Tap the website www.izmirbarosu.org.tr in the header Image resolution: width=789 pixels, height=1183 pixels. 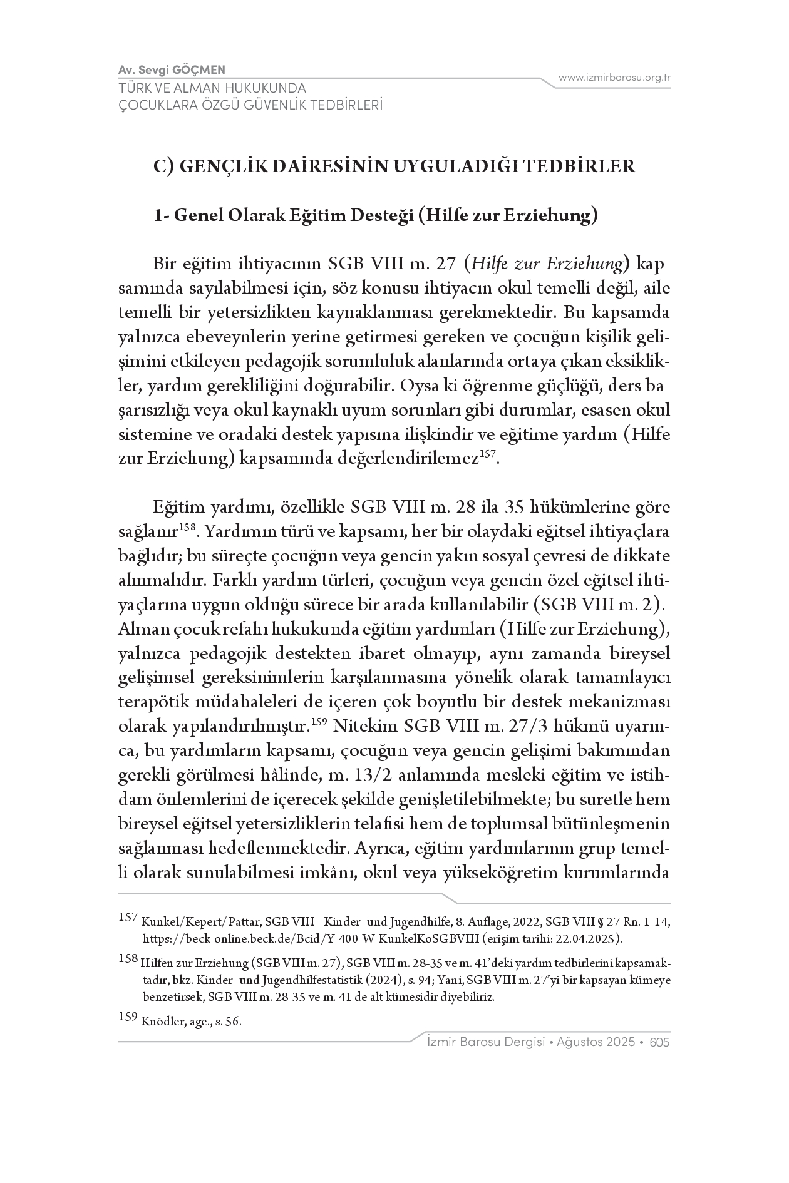tap(614, 78)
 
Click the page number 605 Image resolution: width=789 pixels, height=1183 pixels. tap(660, 1042)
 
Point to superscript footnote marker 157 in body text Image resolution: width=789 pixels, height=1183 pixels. tap(488, 453)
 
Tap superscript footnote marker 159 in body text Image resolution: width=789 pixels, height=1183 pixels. tap(319, 721)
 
